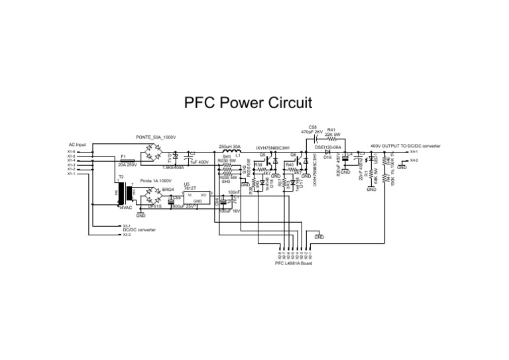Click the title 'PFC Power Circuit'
[x=247, y=103]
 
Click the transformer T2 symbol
[x=121, y=194]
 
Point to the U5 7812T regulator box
[x=196, y=197]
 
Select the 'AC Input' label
[x=78, y=145]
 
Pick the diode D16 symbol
[x=327, y=152]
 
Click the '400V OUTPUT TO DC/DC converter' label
[x=405, y=145]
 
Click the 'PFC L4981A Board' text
[x=293, y=263]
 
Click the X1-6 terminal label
[x=71, y=151]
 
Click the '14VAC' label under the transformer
[x=125, y=208]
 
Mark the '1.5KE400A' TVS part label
[x=173, y=168]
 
